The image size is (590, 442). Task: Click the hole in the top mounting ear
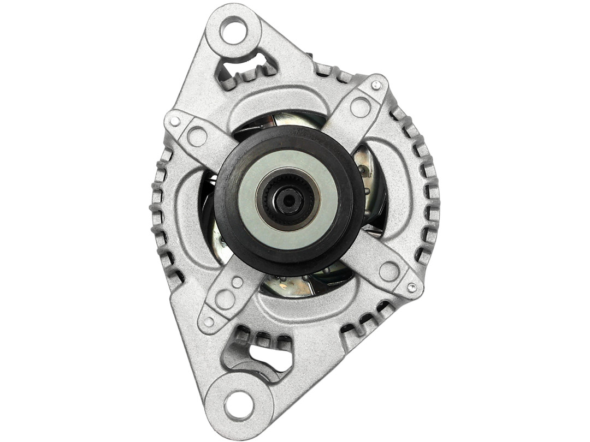click(234, 30)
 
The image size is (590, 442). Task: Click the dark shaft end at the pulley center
click(288, 201)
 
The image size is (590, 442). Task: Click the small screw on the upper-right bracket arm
click(376, 85)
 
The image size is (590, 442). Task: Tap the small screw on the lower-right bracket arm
click(411, 287)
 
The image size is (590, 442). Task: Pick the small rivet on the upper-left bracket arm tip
click(175, 121)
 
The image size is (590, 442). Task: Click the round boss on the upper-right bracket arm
click(361, 107)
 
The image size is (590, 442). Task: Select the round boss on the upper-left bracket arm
click(197, 136)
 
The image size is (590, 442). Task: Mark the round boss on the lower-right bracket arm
click(389, 271)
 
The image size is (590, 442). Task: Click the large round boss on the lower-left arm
click(225, 298)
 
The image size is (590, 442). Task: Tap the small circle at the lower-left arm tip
click(209, 321)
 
